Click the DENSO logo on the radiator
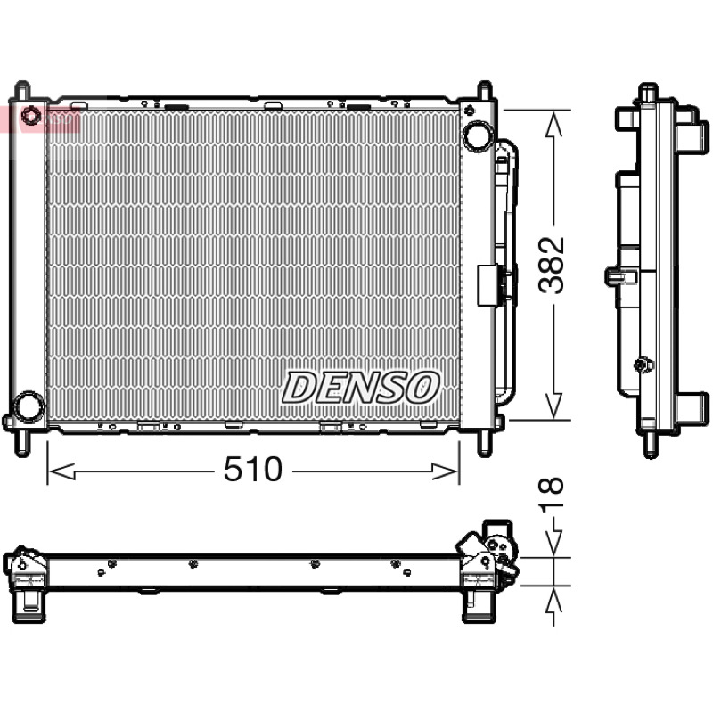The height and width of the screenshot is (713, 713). click(x=361, y=387)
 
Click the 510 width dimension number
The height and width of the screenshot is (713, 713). click(x=253, y=470)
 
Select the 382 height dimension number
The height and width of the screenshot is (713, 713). click(x=551, y=265)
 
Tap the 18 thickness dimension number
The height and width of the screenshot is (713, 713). click(x=551, y=492)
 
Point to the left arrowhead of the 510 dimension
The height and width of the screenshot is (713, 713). click(x=61, y=471)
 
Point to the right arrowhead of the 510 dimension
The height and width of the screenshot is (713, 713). click(x=445, y=471)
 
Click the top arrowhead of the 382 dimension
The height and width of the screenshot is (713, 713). click(x=553, y=124)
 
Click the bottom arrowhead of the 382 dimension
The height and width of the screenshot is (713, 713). click(x=553, y=406)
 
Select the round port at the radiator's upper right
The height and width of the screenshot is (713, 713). click(x=478, y=135)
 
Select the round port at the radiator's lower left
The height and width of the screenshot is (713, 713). click(x=29, y=406)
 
